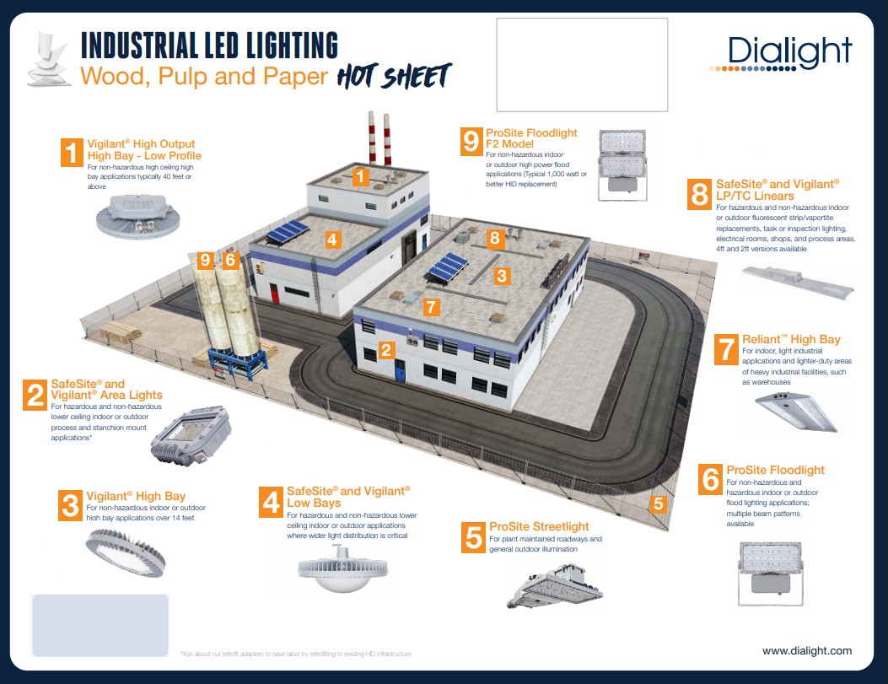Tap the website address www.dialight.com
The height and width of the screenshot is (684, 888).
click(x=806, y=651)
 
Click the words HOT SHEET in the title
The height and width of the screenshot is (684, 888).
click(x=394, y=76)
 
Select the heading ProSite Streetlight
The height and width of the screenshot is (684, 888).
click(x=539, y=527)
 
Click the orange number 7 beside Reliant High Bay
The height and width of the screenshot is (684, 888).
click(x=725, y=350)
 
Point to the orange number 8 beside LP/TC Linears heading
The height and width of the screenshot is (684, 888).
click(x=699, y=194)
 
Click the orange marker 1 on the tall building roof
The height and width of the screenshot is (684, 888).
click(x=360, y=177)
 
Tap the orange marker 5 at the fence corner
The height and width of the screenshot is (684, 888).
click(x=659, y=504)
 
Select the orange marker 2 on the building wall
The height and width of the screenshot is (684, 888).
click(x=385, y=349)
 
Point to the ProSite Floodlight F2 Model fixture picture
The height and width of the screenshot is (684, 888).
click(x=622, y=164)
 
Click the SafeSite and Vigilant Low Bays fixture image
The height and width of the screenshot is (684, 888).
click(x=340, y=566)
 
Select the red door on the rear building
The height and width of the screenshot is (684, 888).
click(x=273, y=294)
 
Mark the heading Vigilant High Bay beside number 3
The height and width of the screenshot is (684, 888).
click(x=136, y=496)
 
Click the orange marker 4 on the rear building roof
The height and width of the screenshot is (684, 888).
click(x=332, y=240)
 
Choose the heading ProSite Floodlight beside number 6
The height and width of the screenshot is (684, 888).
click(x=775, y=470)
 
